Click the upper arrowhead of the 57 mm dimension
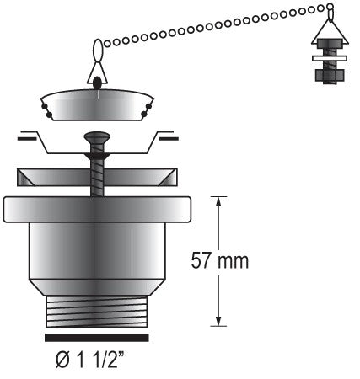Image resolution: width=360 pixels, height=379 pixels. (x=220, y=201)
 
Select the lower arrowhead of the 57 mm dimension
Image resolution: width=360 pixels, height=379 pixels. (x=220, y=319)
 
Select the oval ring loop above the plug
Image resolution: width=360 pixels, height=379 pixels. (x=98, y=51)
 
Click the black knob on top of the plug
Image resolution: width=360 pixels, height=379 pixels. (x=98, y=82)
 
